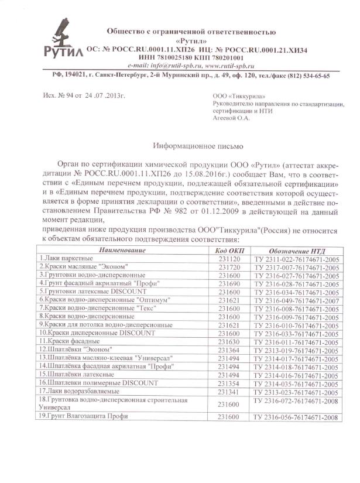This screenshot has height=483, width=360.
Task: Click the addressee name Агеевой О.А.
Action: [231, 118]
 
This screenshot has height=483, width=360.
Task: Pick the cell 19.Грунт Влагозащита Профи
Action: [83, 416]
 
